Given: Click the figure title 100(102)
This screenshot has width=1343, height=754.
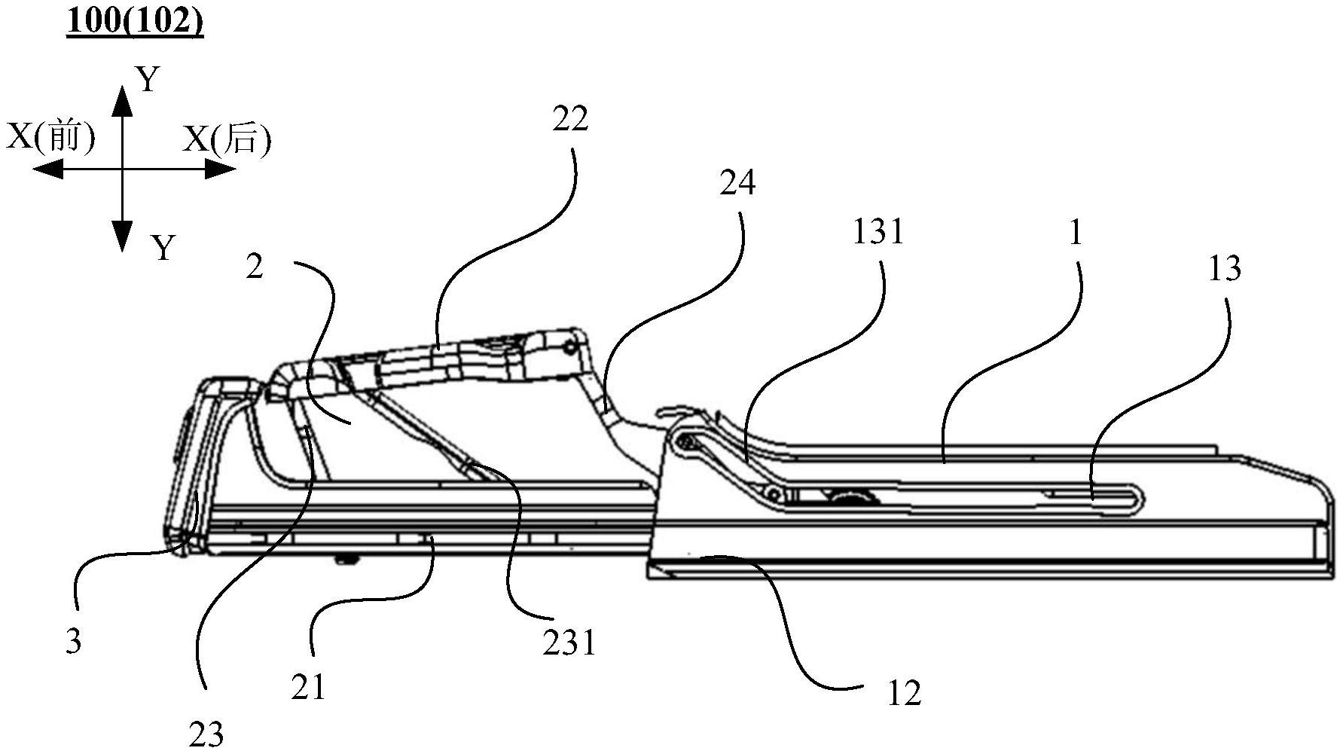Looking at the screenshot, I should click(135, 22).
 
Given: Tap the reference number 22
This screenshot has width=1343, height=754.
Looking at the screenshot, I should click(569, 119).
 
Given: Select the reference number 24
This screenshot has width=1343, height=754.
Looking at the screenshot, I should click(737, 183).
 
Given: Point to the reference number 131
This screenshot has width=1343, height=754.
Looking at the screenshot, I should click(878, 232).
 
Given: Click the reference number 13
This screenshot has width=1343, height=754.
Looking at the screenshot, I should click(1224, 269).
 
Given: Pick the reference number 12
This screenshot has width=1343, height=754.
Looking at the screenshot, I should click(904, 693).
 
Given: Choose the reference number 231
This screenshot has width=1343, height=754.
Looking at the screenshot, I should click(569, 643).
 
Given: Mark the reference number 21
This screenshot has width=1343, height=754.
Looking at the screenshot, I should click(309, 687).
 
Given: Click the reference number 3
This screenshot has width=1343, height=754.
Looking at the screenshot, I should click(73, 642).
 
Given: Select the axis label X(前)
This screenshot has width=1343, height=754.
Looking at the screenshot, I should click(51, 138).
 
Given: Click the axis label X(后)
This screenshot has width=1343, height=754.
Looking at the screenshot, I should click(227, 139).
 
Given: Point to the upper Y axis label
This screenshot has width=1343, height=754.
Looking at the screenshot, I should click(149, 79).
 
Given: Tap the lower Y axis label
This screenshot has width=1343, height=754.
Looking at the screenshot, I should click(163, 247).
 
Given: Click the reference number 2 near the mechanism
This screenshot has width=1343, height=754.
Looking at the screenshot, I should click(255, 267).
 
